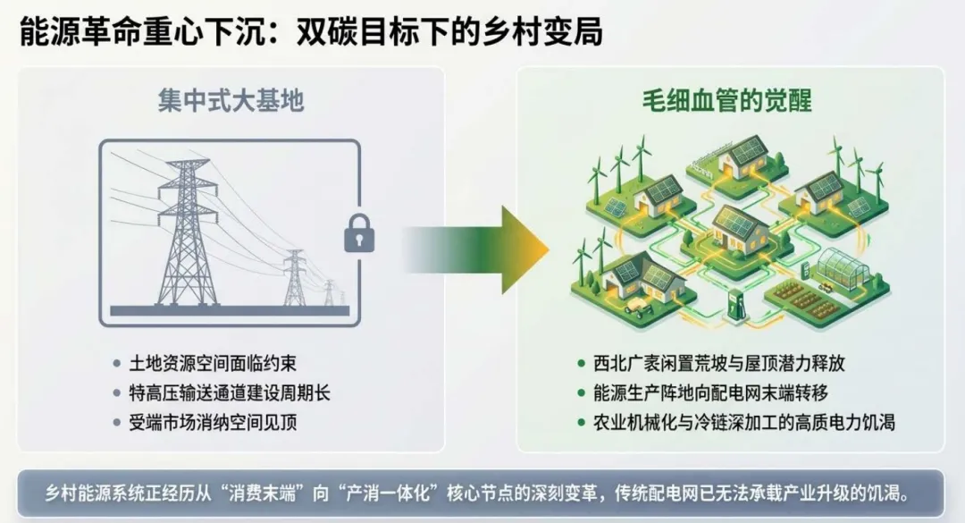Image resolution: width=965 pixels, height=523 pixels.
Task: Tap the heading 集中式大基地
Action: point(231,100)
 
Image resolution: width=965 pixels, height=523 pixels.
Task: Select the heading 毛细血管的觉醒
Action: point(727,100)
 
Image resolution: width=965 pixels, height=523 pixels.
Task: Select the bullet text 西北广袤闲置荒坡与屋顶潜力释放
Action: point(718,364)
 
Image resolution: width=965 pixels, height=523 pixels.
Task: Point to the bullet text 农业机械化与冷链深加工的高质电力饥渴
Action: point(743,422)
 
